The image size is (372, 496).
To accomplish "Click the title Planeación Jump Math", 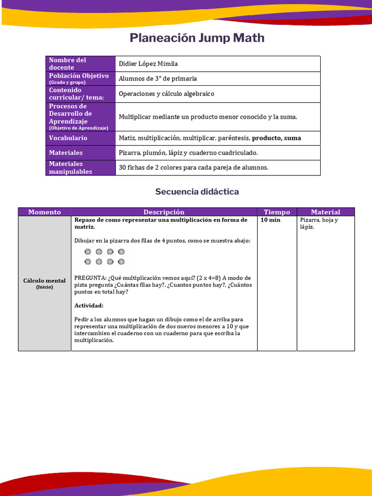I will click(x=197, y=38).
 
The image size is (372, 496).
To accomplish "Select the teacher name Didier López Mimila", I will click(x=148, y=64).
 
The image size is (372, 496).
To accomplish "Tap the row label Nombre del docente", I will click(x=67, y=63).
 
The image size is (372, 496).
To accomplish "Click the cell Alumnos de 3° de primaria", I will click(x=158, y=78).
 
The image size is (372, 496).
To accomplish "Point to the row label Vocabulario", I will click(x=68, y=138).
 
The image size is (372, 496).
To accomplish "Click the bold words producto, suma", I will click(x=276, y=138).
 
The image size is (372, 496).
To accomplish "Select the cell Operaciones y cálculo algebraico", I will click(x=166, y=94).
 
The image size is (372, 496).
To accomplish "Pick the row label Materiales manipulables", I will click(x=70, y=168).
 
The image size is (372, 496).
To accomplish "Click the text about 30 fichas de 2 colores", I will click(x=193, y=168).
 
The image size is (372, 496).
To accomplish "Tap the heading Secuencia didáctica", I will click(x=197, y=192).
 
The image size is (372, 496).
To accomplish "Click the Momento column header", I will click(x=45, y=212).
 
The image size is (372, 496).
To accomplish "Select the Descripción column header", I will click(x=164, y=212).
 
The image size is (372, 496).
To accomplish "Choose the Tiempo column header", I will click(x=277, y=212).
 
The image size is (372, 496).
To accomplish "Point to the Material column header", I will click(x=325, y=212).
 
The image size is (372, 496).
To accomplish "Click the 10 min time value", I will click(x=270, y=220).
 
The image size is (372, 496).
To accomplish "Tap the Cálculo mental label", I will click(x=45, y=280).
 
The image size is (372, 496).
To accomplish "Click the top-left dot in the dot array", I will click(x=88, y=251).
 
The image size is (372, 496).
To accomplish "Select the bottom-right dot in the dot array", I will click(x=121, y=262).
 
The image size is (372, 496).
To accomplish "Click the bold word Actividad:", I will click(x=89, y=306).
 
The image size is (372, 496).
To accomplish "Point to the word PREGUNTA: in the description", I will click(x=90, y=278).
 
